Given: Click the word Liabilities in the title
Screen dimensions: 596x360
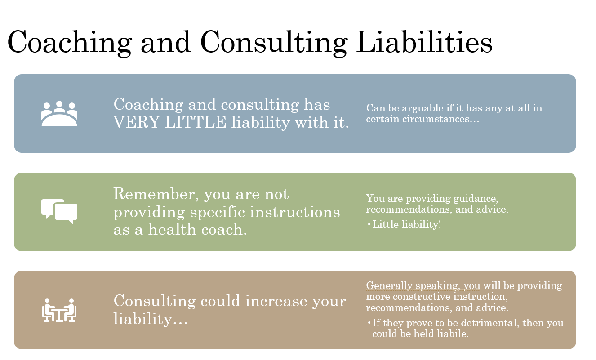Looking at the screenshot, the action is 424,42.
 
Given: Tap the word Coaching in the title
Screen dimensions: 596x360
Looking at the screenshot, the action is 70,43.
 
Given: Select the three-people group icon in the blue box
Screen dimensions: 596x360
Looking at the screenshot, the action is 59,113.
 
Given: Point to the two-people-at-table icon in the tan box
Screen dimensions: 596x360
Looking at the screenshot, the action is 59,310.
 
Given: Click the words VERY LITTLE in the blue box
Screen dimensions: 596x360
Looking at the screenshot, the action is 170,122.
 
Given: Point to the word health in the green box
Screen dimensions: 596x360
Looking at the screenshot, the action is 172,229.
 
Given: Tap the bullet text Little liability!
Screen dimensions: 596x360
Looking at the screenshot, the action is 407,224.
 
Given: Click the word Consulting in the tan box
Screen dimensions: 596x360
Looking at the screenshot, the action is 155,301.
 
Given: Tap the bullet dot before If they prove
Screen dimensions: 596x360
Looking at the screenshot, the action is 369,323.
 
